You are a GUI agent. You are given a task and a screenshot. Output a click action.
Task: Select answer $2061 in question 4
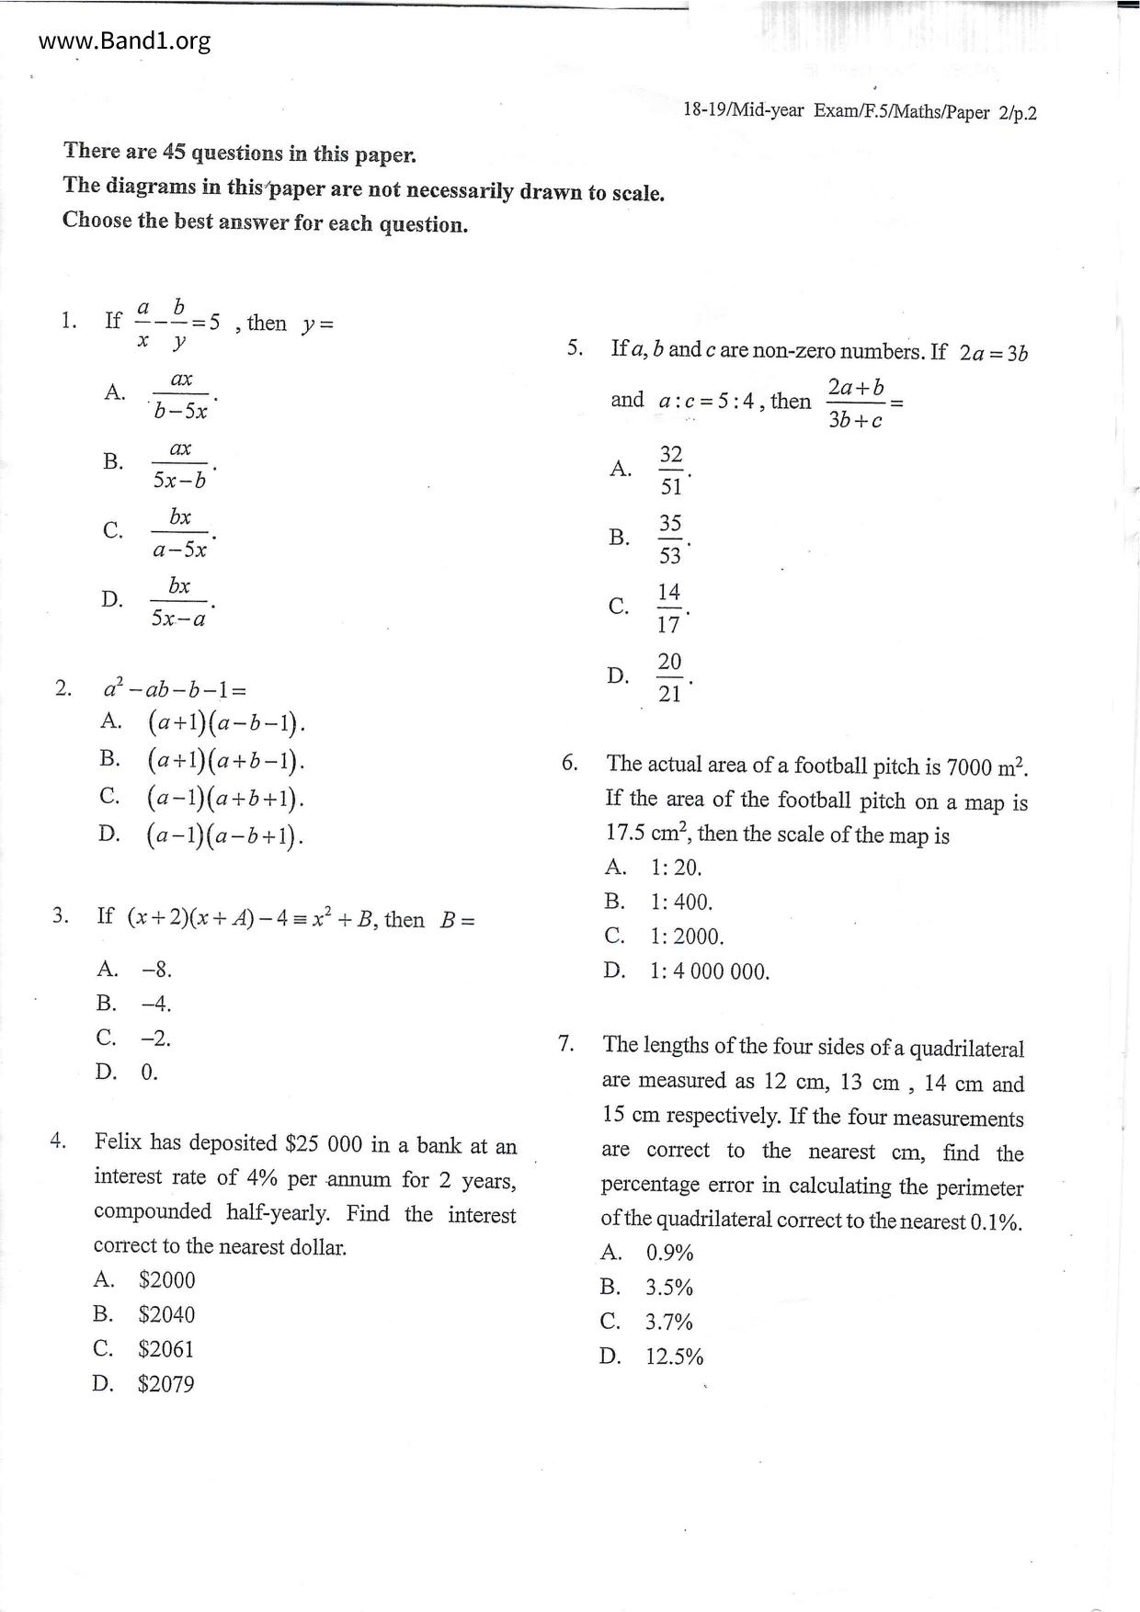(x=165, y=1349)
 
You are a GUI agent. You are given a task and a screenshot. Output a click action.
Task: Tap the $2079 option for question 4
(x=165, y=1384)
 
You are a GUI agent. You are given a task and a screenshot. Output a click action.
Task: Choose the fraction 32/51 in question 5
(x=671, y=470)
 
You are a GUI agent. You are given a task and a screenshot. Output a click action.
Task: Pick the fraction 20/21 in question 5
(x=669, y=677)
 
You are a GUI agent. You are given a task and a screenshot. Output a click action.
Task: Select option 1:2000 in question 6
(x=687, y=937)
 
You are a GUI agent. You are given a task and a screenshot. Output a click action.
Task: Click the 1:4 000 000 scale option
(x=709, y=971)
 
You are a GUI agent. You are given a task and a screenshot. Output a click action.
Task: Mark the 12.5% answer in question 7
(x=674, y=1357)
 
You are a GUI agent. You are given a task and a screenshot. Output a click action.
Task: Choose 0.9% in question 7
(x=669, y=1253)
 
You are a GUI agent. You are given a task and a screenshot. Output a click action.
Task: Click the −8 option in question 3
(x=156, y=970)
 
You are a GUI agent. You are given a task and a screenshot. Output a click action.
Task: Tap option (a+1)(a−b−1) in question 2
(x=225, y=723)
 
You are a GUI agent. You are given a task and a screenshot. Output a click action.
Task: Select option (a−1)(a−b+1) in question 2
(x=225, y=835)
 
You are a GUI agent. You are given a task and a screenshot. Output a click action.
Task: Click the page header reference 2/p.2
(x=1017, y=113)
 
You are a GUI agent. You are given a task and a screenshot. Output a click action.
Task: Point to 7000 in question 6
(x=968, y=766)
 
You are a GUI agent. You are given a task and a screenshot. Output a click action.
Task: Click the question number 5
(x=575, y=348)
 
